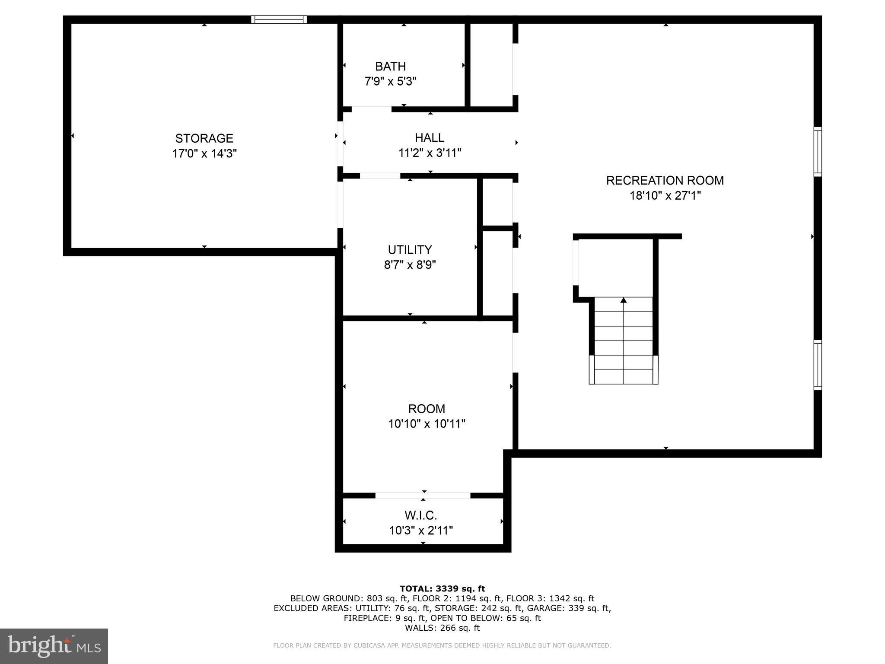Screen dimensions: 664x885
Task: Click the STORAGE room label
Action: pyautogui.click(x=204, y=138)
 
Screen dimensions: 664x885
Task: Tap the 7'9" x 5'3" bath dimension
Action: pyautogui.click(x=390, y=81)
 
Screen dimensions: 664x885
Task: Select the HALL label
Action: pyautogui.click(x=430, y=137)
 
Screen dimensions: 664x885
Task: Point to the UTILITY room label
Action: pyautogui.click(x=410, y=249)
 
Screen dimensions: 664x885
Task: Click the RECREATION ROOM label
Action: pyautogui.click(x=665, y=180)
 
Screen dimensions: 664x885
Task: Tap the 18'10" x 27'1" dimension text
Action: pyautogui.click(x=665, y=195)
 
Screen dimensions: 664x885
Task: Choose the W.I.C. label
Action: pyautogui.click(x=420, y=515)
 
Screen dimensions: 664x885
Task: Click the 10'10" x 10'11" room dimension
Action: pyautogui.click(x=427, y=424)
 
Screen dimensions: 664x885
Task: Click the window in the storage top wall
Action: pyautogui.click(x=279, y=19)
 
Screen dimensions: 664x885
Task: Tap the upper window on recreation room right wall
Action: pyautogui.click(x=817, y=151)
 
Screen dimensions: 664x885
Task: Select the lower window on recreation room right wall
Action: pyautogui.click(x=817, y=365)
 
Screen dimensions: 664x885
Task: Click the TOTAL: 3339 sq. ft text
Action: pyautogui.click(x=442, y=588)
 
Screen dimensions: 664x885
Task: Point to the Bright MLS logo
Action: pyautogui.click(x=54, y=646)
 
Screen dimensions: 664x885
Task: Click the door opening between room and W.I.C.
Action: pyautogui.click(x=423, y=495)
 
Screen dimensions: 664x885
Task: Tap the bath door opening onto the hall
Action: pyautogui.click(x=371, y=109)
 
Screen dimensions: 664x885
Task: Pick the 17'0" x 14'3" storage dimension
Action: pyautogui.click(x=204, y=153)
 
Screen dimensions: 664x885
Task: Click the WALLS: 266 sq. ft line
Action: pyautogui.click(x=442, y=628)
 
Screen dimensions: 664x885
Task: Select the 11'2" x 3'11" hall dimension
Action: pyautogui.click(x=430, y=153)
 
